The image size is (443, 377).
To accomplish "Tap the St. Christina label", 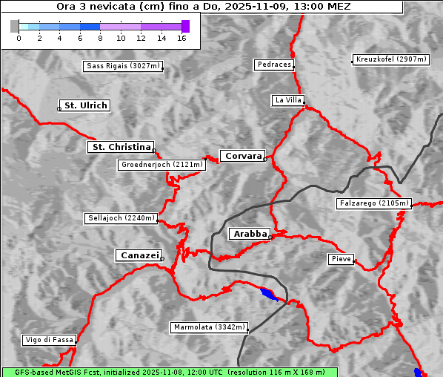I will pyautogui.click(x=120, y=147).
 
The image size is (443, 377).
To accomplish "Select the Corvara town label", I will pyautogui.click(x=243, y=156).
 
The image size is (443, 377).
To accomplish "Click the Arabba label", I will pyautogui.click(x=250, y=234).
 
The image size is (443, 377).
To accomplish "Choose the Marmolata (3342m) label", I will pyautogui.click(x=209, y=327).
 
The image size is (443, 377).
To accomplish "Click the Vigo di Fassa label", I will pyautogui.click(x=50, y=340).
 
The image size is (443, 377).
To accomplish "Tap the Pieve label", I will pyautogui.click(x=342, y=259).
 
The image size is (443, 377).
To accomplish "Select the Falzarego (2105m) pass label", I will pyautogui.click(x=373, y=203).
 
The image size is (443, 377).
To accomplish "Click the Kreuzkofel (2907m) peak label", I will pyautogui.click(x=390, y=59).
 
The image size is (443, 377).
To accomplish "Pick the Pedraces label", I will pyautogui.click(x=274, y=65).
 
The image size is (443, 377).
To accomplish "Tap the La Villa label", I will pyautogui.click(x=287, y=99).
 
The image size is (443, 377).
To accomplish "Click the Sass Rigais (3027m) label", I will pyautogui.click(x=123, y=66).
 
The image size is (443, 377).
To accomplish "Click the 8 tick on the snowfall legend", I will pyautogui.click(x=100, y=37).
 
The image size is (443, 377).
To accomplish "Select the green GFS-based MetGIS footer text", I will pyautogui.click(x=170, y=372).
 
